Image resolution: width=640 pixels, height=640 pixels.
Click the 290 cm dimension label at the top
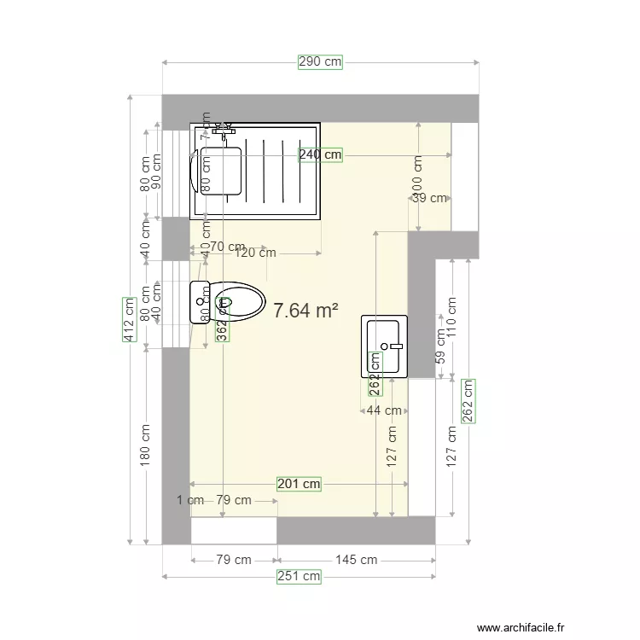320,61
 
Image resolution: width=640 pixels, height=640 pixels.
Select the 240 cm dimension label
320,154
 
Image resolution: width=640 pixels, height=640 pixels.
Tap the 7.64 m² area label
305,311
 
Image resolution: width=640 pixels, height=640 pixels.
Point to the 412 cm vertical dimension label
129,319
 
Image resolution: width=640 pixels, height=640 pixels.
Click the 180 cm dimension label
145,445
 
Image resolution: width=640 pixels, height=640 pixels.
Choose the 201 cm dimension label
299,484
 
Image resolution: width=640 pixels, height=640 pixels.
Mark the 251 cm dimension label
299,577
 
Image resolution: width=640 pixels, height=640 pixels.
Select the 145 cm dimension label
356,560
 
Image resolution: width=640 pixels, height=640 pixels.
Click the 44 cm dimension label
384,410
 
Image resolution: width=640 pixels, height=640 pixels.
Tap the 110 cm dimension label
451,317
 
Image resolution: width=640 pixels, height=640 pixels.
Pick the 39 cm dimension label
429,198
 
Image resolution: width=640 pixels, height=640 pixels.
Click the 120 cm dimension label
255,253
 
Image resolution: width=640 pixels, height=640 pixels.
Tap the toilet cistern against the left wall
200,302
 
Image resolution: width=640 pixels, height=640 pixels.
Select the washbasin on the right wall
385,346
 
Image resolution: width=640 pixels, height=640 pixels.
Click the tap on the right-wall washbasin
393,346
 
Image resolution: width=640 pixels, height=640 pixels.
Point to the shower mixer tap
224,130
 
